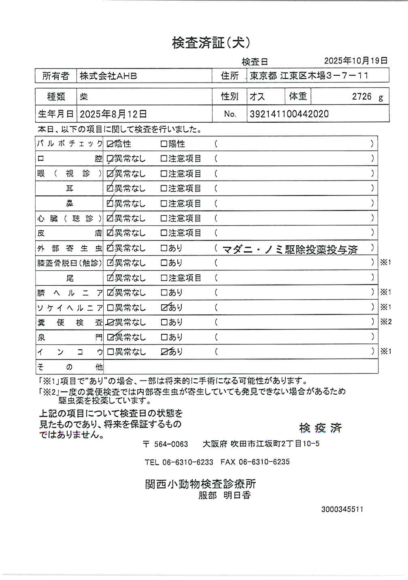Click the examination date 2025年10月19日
[356, 61]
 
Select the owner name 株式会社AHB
[108, 76]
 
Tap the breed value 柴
[84, 97]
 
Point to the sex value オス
[257, 97]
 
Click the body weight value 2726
[361, 96]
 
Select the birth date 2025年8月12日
[113, 114]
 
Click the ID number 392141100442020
[289, 114]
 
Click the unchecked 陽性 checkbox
[164, 144]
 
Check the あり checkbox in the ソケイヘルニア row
[164, 308]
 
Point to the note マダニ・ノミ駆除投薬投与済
[290, 249]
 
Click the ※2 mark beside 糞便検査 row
[385, 322]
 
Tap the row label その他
[70, 367]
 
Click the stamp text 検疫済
[320, 428]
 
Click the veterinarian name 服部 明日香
[224, 495]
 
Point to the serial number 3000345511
[342, 509]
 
